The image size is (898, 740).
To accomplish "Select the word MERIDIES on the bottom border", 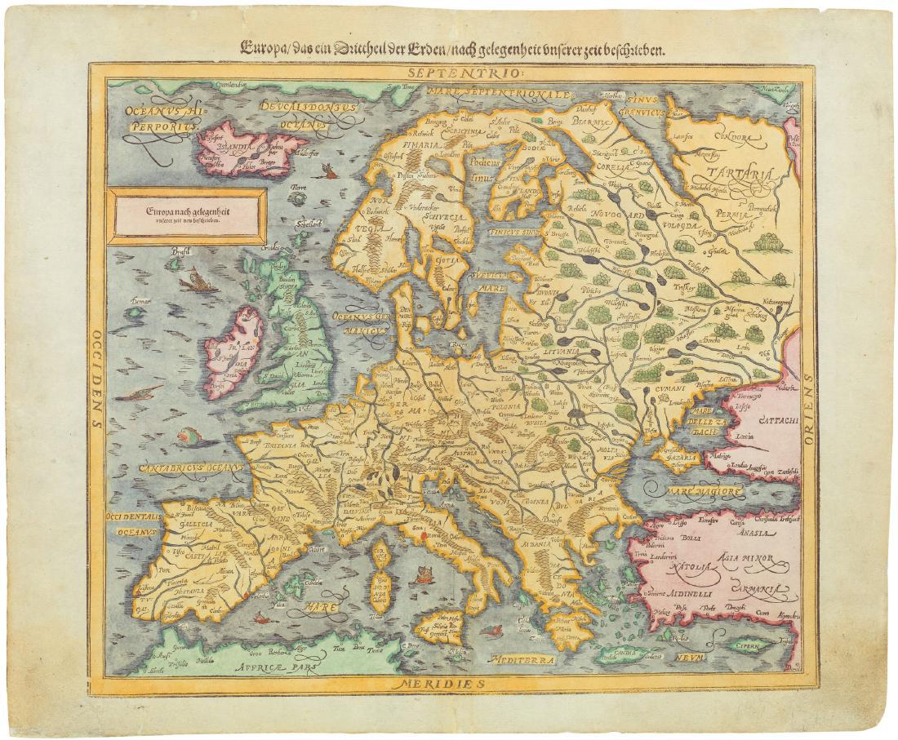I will (441, 680).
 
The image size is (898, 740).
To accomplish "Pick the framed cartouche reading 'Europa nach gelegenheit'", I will (188, 216).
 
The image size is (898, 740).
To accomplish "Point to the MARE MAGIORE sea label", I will (704, 492).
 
